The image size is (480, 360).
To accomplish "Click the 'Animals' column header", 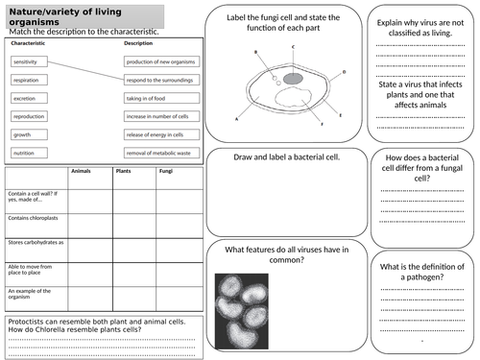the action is point(80,173).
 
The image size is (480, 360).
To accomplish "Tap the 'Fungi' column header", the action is point(164,173).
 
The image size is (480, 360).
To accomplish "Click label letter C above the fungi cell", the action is point(292,46).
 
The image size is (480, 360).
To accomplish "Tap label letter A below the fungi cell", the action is point(236,119).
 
